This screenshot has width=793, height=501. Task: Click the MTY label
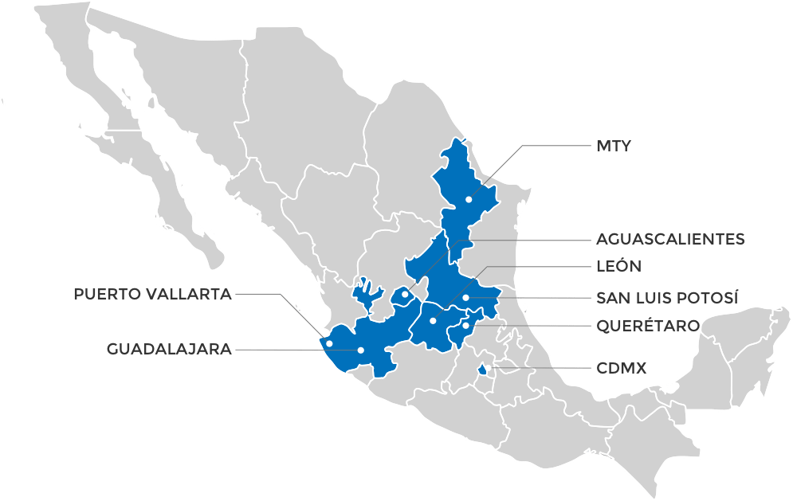click(x=613, y=147)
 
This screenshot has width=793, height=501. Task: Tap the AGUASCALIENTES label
click(x=670, y=239)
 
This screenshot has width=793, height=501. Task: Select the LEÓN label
click(x=618, y=266)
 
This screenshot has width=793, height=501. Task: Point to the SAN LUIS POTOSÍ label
click(x=667, y=298)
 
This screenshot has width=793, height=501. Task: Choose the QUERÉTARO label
click(x=648, y=326)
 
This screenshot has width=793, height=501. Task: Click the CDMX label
click(x=622, y=369)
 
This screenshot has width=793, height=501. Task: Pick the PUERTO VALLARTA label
click(x=152, y=294)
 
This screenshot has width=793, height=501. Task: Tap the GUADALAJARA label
click(x=169, y=348)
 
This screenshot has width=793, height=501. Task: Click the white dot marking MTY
click(x=469, y=199)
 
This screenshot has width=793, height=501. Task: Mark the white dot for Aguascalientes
click(x=406, y=295)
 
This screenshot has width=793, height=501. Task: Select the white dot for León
click(x=433, y=321)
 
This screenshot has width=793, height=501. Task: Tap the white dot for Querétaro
click(x=465, y=325)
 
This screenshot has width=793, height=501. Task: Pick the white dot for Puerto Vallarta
click(x=328, y=343)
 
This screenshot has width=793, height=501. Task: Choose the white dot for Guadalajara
click(x=361, y=350)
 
